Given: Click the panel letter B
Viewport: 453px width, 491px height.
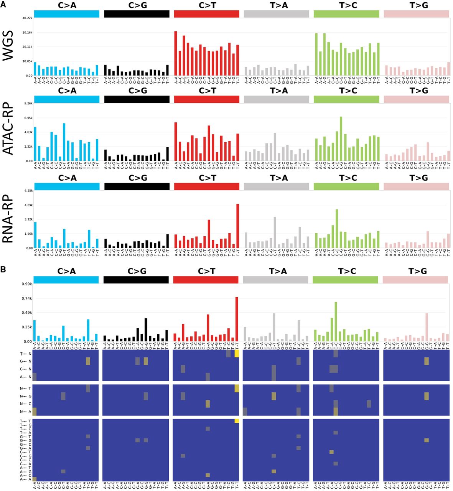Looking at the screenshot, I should click(x=3, y=270).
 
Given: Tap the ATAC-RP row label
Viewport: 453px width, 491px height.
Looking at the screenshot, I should click(x=8, y=129).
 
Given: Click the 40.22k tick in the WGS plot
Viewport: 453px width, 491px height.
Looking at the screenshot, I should click(x=26, y=18).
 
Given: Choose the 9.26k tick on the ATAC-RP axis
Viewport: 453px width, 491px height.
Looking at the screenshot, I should click(x=28, y=104).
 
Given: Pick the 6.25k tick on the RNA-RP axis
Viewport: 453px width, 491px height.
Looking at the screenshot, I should click(x=28, y=191).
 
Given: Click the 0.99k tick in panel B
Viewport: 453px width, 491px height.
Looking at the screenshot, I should click(x=26, y=284).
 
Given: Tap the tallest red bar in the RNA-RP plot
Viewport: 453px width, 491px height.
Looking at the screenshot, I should click(x=237, y=226).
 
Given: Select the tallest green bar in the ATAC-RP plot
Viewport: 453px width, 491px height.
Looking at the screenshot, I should click(x=341, y=139).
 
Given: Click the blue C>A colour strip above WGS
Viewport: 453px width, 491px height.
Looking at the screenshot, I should click(x=67, y=14).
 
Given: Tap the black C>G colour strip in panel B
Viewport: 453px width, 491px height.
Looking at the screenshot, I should click(x=136, y=280).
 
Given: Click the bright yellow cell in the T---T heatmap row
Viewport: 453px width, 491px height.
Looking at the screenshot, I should click(x=237, y=421).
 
